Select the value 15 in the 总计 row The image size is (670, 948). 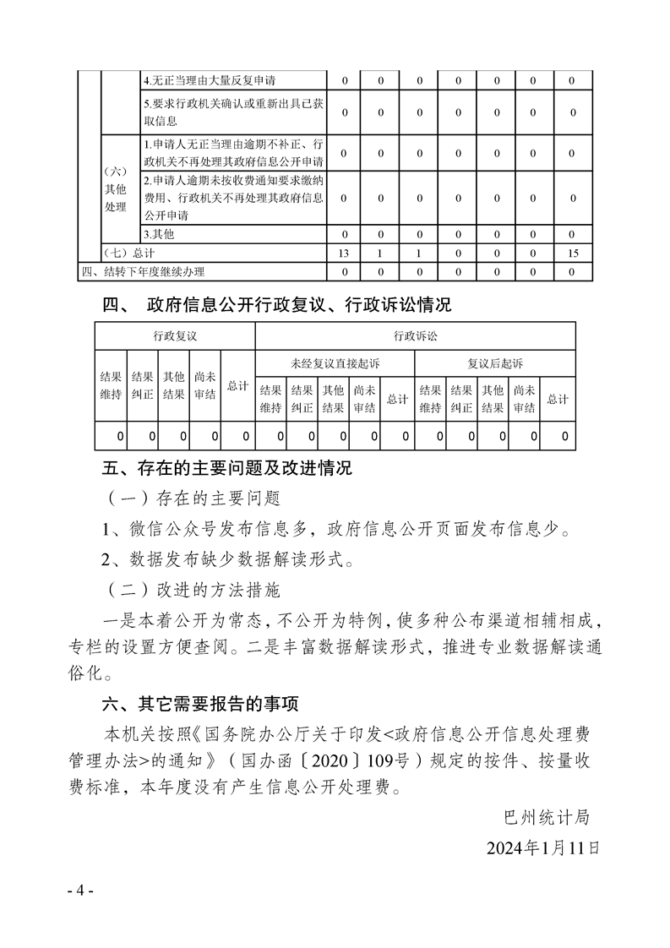[x=573, y=253]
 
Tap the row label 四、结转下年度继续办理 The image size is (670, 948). [x=143, y=272]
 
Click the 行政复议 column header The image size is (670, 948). [x=175, y=336]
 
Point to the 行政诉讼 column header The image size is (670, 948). [x=415, y=336]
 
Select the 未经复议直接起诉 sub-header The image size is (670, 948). [x=335, y=363]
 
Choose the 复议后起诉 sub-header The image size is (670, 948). [x=495, y=363]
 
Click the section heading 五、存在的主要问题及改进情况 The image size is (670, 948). [x=226, y=467]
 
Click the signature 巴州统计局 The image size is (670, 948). [x=545, y=818]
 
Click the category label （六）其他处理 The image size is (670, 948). [x=115, y=188]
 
